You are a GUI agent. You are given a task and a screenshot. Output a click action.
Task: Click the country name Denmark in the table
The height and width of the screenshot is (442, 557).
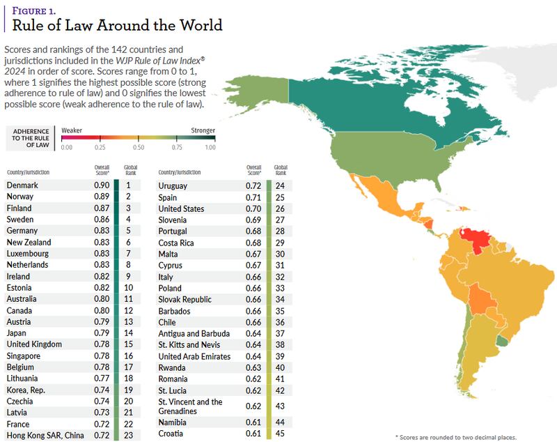click(23, 185)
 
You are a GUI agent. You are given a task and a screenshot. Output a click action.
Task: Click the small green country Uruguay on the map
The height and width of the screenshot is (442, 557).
click(502, 342)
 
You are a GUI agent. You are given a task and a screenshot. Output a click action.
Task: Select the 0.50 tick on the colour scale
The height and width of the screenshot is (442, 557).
click(139, 146)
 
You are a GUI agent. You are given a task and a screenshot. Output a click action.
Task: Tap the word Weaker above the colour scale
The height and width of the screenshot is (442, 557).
click(72, 130)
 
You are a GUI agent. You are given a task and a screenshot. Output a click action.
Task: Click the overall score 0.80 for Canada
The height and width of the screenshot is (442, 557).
click(102, 310)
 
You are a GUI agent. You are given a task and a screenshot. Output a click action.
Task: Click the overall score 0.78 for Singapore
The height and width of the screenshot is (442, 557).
click(102, 356)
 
